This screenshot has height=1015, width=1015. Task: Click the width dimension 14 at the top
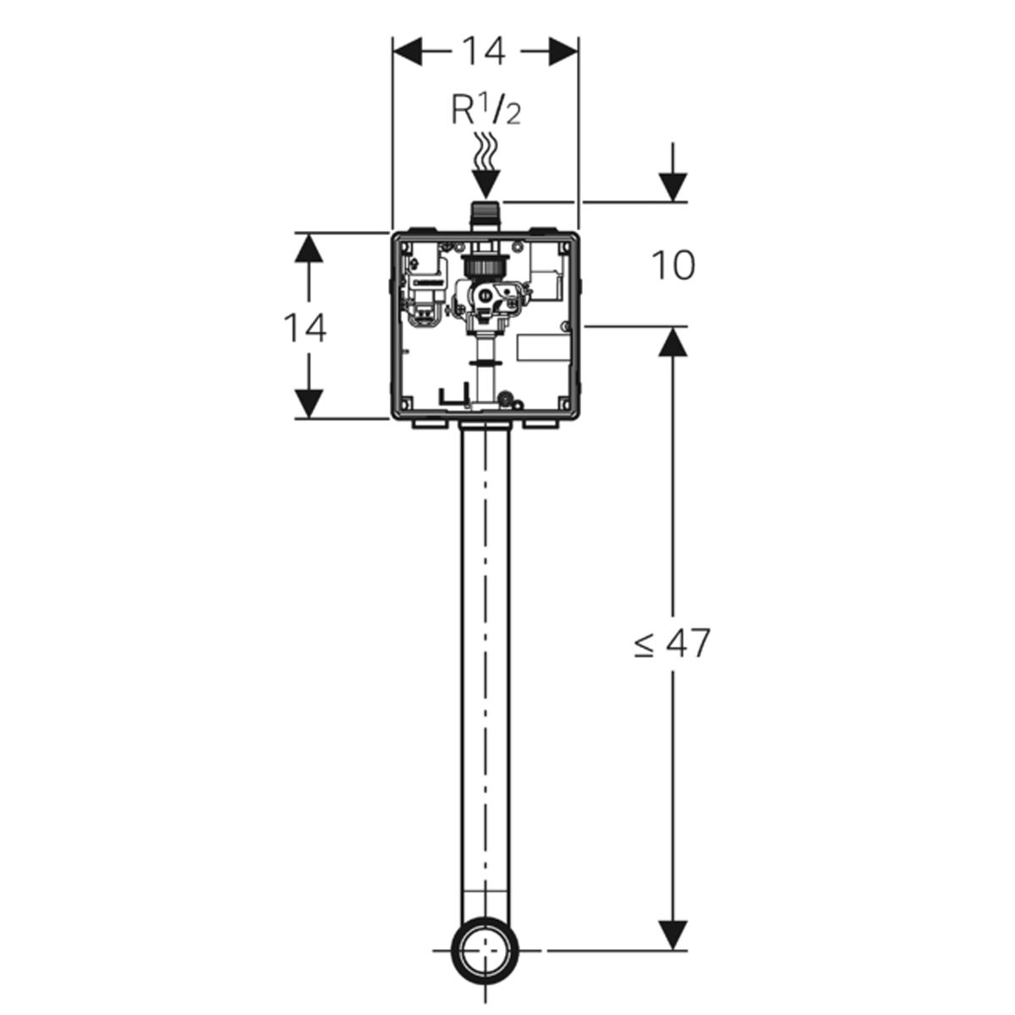coord(484,52)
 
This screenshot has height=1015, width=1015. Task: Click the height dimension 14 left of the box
coord(305,328)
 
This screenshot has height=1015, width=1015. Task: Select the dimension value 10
coord(673,265)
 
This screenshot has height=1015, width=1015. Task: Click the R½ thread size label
coord(486,110)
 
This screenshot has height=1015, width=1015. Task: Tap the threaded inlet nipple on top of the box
coord(485,216)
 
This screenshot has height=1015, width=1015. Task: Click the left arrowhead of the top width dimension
coord(409,52)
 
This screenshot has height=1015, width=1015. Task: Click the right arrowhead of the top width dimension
coord(563,52)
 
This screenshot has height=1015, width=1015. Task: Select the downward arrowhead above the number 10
coord(672,187)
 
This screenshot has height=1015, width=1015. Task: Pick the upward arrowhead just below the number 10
coord(672,341)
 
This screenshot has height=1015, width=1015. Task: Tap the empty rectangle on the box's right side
coord(543,348)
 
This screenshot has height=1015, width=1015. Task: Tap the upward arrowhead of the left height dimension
coord(308,247)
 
